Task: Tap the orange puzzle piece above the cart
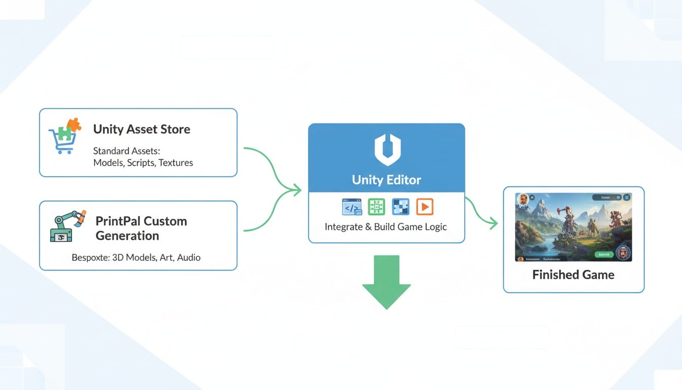coord(74,124)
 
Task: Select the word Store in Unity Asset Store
coord(174,129)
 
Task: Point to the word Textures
coord(176,162)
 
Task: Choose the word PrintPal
coord(118,221)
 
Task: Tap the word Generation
coord(127,236)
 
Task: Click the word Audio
coord(188,257)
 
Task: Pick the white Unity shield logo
coord(387,149)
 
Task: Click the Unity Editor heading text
coord(387,180)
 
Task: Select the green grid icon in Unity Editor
coord(376,207)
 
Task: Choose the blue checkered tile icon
coord(400,207)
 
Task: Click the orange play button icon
coord(424,207)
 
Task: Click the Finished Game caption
coord(573,275)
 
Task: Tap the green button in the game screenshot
coord(604,254)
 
